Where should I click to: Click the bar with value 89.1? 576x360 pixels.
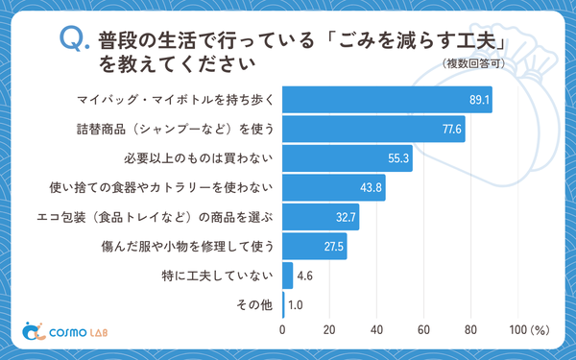click(387, 99)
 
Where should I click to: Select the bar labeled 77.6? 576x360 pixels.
click(373, 129)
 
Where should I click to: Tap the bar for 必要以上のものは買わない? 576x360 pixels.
click(347, 158)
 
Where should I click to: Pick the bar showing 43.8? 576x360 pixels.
click(333, 187)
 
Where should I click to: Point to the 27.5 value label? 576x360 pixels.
click(334, 247)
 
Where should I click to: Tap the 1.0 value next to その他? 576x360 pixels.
click(297, 305)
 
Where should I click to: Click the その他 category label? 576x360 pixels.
click(256, 305)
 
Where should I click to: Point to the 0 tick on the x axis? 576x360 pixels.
click(282, 330)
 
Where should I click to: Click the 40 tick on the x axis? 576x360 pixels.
click(376, 330)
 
